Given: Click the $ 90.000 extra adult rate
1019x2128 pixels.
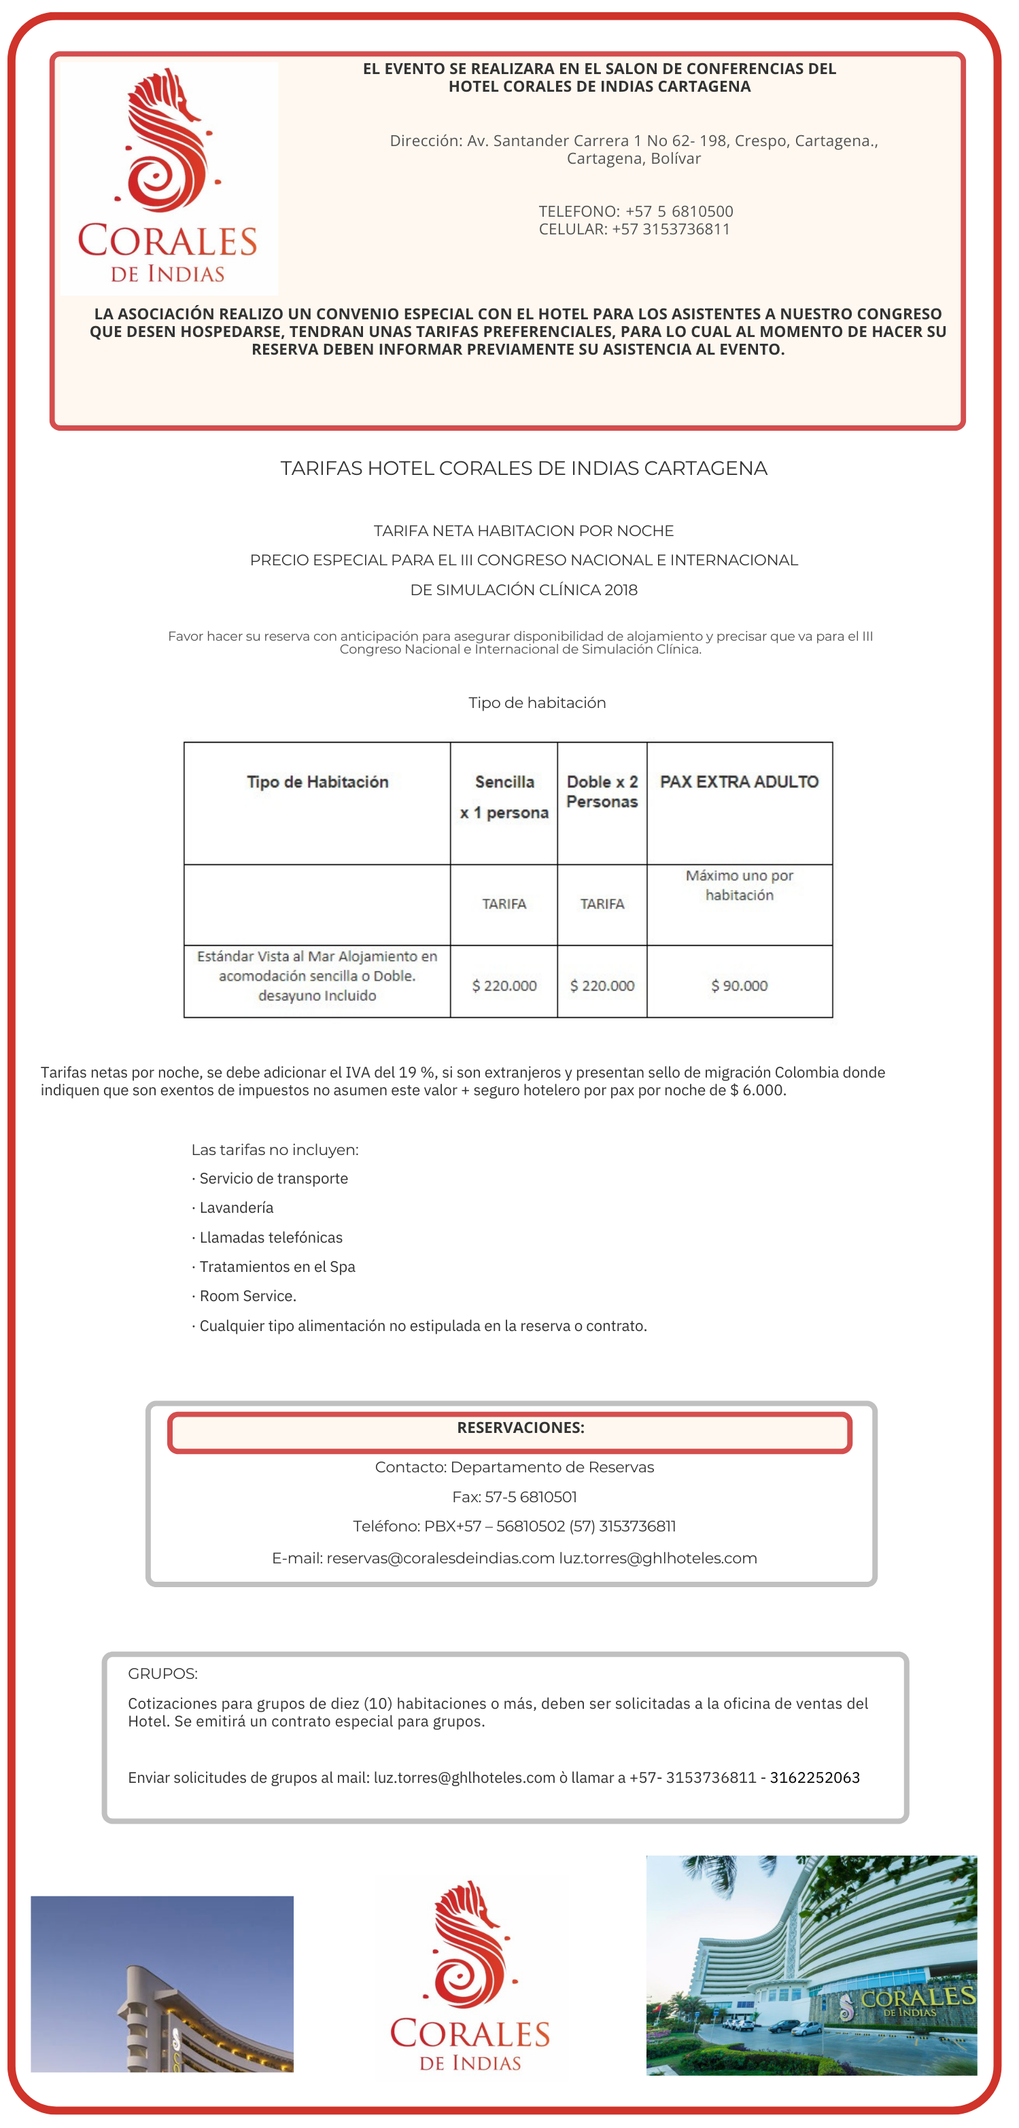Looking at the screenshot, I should (739, 985).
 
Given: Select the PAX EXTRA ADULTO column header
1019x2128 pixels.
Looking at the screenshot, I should (739, 781).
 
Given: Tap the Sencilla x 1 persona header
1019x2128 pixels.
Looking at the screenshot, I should (504, 797).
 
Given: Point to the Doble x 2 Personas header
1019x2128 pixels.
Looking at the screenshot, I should (602, 792).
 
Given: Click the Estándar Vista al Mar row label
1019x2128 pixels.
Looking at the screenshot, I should (317, 976).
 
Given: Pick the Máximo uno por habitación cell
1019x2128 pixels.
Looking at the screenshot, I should (739, 885).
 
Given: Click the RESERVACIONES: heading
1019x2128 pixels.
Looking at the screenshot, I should (521, 1428).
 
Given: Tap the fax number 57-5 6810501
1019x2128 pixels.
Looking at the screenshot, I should (532, 1497).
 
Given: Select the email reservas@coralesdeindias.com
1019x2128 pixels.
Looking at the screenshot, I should (440, 1558).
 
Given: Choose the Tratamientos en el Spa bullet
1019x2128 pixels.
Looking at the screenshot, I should (277, 1266).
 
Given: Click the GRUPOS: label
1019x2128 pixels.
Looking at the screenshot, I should (162, 1673).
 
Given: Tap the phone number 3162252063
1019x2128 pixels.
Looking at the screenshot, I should (815, 1777).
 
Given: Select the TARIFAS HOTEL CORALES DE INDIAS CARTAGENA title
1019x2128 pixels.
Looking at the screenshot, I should (524, 468).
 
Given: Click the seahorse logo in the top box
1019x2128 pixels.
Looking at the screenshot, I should (169, 141).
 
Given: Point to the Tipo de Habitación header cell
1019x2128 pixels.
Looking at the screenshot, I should (317, 781).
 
